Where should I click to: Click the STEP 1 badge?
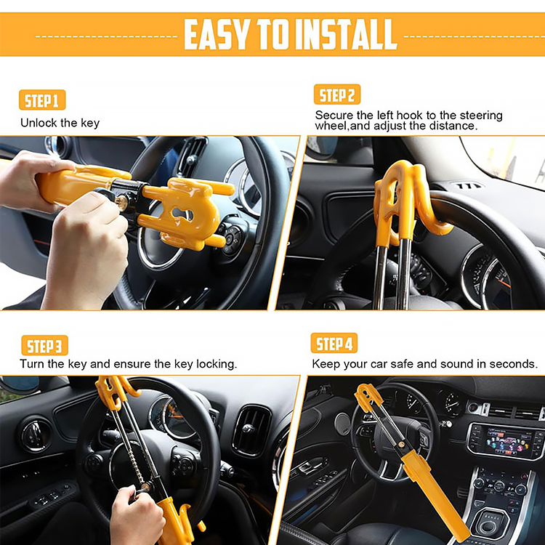point(42,100)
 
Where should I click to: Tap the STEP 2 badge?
point(337,95)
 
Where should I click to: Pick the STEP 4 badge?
point(337,343)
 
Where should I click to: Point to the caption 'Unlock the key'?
point(60,123)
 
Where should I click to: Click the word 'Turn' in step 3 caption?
point(33,363)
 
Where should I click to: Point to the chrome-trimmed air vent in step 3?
point(251,431)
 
